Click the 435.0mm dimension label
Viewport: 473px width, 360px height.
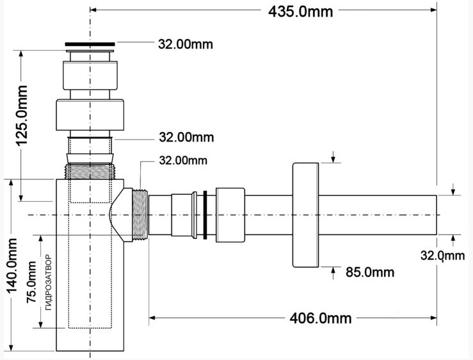coord(300,12)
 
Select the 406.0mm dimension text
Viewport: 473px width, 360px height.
coord(321,318)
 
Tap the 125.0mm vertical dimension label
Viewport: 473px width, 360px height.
coord(22,116)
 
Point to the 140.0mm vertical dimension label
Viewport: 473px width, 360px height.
coord(12,266)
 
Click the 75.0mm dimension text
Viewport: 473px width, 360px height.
coord(31,282)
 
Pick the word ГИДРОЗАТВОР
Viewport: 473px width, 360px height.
coord(49,282)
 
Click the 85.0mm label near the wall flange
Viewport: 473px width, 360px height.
coord(370,272)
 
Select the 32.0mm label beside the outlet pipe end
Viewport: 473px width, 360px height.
coord(442,256)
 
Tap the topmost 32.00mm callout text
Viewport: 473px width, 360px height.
coord(186,44)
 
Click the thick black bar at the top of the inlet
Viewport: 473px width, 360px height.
coord(90,44)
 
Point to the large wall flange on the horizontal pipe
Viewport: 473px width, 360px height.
coord(305,215)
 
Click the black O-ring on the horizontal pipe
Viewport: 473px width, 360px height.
coord(205,215)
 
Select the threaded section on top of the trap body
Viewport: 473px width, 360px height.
coord(90,171)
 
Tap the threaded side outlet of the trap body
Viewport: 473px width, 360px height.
coord(140,215)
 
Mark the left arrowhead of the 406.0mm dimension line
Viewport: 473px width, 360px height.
coord(152,318)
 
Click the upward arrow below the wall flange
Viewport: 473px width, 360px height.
coord(333,273)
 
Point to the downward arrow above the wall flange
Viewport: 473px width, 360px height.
coord(333,157)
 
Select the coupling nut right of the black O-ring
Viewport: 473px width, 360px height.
coord(230,215)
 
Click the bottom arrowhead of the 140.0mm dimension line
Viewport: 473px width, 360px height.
coord(12,347)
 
